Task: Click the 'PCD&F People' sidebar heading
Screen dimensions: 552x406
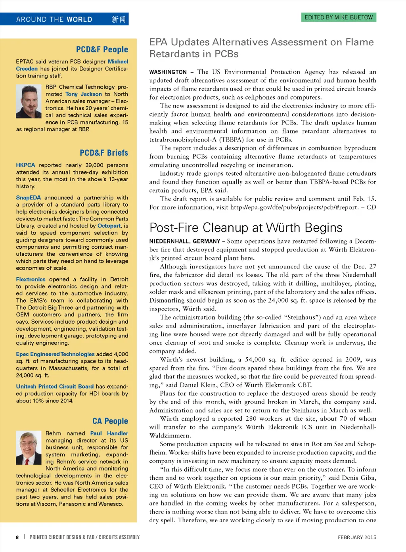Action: (102, 50)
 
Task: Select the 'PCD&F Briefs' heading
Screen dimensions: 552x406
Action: (104, 153)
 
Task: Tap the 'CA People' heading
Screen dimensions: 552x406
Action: (110, 421)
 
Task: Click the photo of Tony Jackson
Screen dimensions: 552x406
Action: (29, 102)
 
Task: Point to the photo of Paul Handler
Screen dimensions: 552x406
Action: (29, 448)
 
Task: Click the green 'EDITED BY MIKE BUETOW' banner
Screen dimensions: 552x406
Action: (339, 17)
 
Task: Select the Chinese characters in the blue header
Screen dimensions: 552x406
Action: (118, 19)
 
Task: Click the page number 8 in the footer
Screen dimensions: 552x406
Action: (17, 537)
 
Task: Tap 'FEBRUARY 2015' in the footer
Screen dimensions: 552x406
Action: (357, 537)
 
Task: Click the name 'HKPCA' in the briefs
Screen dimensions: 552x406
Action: (25, 165)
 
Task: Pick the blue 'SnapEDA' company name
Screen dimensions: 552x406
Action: (28, 197)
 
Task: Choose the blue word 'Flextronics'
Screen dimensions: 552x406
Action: (31, 280)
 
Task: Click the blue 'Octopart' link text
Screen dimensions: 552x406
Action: (109, 226)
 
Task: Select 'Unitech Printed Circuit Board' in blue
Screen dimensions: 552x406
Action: (55, 387)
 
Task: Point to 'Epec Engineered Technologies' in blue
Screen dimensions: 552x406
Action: (55, 354)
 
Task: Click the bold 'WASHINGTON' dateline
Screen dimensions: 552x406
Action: (168, 72)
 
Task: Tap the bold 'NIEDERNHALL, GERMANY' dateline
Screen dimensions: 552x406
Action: (184, 241)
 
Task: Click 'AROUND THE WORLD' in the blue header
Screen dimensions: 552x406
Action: (54, 19)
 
